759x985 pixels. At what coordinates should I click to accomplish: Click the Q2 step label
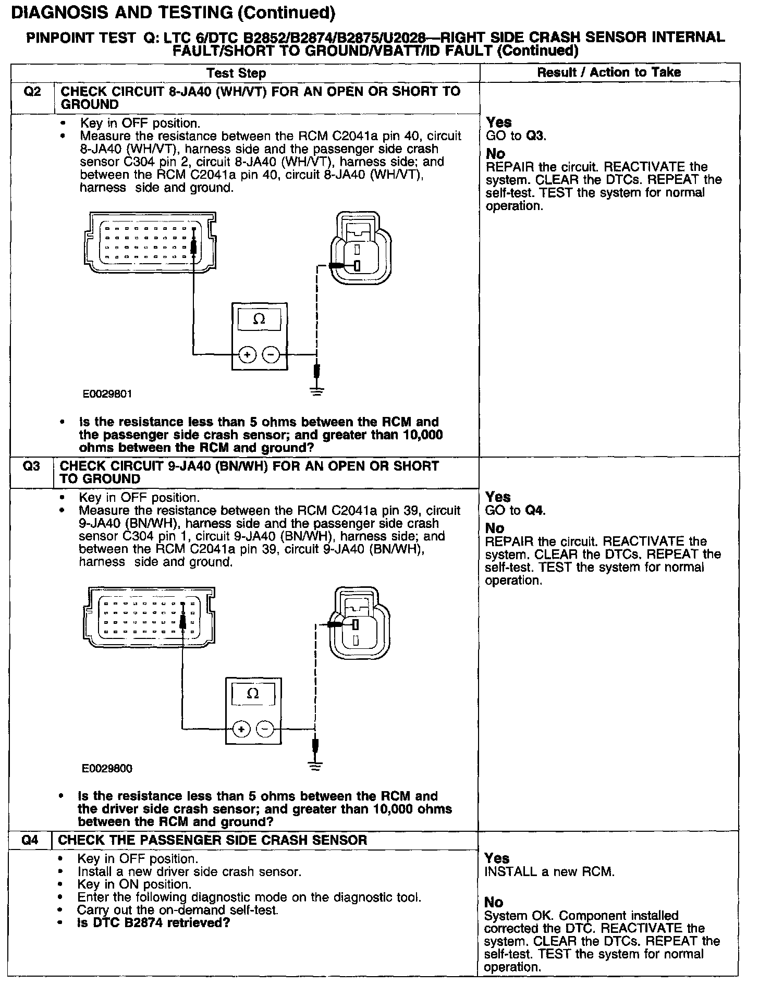[32, 92]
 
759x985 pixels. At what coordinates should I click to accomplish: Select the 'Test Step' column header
[236, 73]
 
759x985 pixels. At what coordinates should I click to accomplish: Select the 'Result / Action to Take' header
[609, 72]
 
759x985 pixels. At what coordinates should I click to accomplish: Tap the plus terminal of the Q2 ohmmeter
[247, 355]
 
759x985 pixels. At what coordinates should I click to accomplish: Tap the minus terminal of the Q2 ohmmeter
[271, 355]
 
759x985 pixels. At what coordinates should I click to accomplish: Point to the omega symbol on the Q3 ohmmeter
[253, 693]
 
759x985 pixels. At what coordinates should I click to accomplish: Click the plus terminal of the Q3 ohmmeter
[241, 729]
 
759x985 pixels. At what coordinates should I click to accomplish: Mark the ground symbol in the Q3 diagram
[314, 765]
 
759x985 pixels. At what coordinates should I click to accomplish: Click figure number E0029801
[107, 394]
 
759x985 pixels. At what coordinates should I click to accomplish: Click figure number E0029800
[107, 768]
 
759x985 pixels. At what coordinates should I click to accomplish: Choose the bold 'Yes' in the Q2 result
[499, 122]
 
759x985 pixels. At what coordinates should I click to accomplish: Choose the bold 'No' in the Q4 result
[494, 902]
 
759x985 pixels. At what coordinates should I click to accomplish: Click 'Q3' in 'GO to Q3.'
[535, 136]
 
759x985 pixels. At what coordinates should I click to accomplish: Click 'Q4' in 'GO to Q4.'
[535, 511]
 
